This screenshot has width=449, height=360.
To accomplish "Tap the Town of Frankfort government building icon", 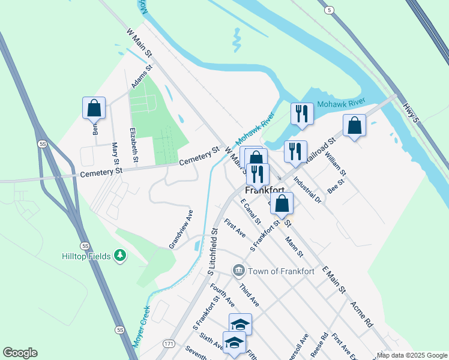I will click(238, 271).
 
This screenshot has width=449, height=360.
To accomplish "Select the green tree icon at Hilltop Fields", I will click(121, 256).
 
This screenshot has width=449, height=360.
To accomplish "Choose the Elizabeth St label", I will click(134, 145).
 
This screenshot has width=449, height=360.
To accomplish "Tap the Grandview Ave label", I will click(181, 229).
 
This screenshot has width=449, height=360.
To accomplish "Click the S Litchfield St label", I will click(212, 251).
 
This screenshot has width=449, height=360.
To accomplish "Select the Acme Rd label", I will click(362, 313).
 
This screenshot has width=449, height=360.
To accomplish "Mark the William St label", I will click(332, 163).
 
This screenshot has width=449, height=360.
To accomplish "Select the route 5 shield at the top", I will click(328, 10).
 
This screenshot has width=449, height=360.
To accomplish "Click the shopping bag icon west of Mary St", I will click(94, 108).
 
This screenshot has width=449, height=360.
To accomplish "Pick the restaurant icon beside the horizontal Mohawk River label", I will click(301, 113).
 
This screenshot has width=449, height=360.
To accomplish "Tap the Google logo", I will click(20, 353).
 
